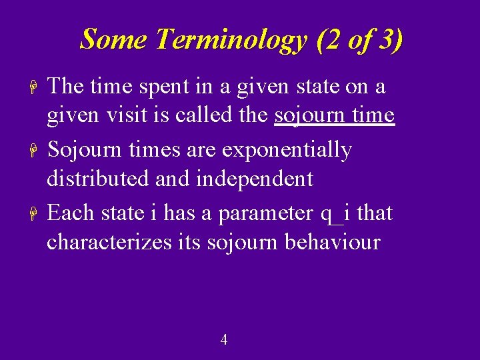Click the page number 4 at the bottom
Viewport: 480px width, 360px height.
click(224, 340)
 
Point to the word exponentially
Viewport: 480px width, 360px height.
click(287, 150)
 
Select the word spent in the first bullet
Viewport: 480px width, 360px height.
click(176, 87)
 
